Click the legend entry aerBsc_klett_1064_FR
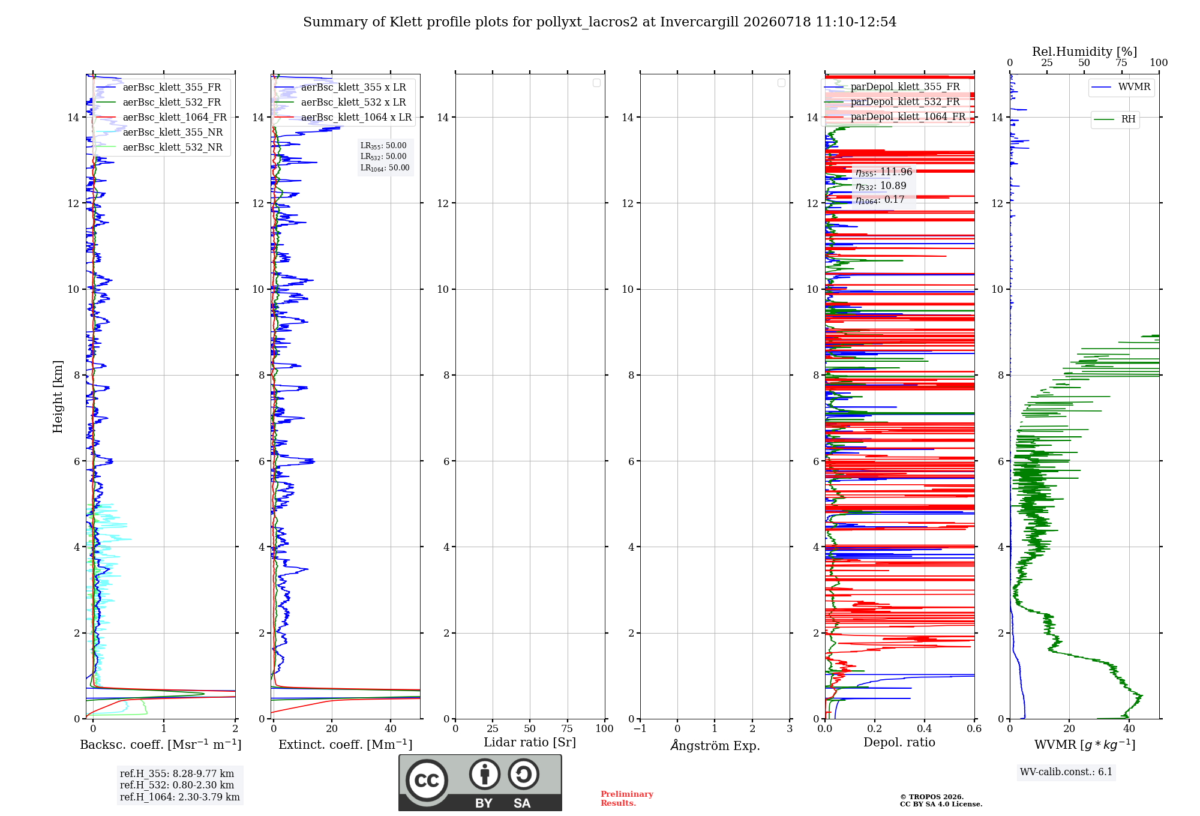[161, 118]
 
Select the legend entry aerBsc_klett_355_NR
[159, 133]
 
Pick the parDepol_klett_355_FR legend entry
[892, 87]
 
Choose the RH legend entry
[1115, 119]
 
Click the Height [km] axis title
[58, 397]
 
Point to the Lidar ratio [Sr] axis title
[530, 743]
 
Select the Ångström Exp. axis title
[715, 745]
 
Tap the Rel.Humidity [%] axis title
[1085, 52]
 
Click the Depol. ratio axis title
[899, 743]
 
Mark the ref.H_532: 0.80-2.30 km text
[177, 785]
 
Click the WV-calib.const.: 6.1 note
[1066, 772]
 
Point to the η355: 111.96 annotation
[884, 172]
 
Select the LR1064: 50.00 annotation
[385, 168]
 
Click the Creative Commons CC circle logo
[427, 781]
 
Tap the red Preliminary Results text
[627, 799]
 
